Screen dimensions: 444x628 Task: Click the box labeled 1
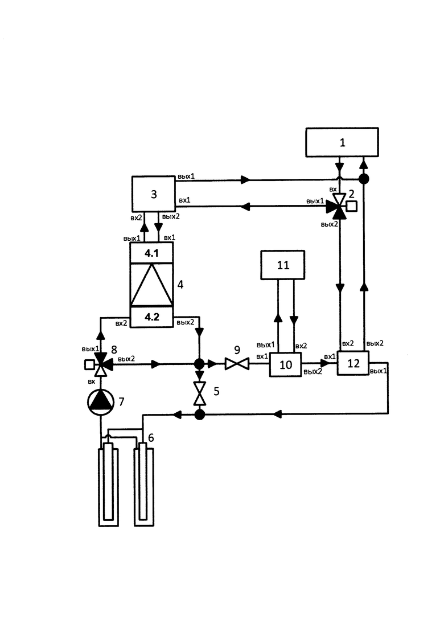342,142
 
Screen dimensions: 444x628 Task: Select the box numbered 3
153,194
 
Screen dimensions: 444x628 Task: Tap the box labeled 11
283,265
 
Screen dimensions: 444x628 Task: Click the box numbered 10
285,364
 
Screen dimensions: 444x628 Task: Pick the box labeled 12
353,363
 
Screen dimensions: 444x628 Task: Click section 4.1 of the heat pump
152,253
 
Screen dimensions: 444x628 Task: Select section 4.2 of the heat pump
152,317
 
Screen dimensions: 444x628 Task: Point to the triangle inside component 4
152,285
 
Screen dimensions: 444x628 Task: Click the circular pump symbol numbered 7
101,402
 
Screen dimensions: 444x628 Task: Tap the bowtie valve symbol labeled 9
237,364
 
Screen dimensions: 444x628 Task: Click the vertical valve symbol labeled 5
199,393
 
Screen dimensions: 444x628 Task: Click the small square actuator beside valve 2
352,206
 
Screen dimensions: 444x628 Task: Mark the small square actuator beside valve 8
89,364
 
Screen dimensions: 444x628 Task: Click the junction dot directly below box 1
364,179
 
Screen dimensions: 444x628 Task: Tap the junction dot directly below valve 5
199,414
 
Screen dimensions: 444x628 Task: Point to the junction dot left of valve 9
199,364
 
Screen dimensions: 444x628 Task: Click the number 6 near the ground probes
151,438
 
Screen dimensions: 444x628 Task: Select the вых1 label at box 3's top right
186,177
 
